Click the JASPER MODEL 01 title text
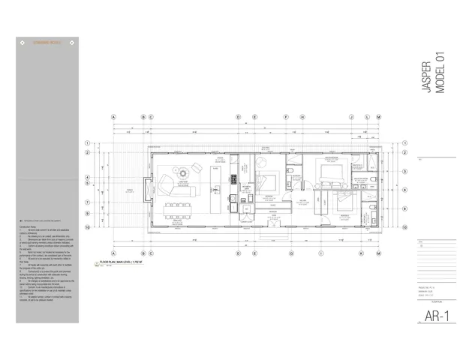[x=434, y=78]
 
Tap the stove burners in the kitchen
[x=233, y=179]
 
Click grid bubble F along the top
[x=286, y=117]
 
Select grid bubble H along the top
[x=302, y=117]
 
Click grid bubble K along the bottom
[x=361, y=253]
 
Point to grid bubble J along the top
[x=351, y=117]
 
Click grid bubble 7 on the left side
[x=87, y=202]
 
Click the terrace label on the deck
[x=129, y=190]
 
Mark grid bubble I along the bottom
[x=321, y=253]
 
